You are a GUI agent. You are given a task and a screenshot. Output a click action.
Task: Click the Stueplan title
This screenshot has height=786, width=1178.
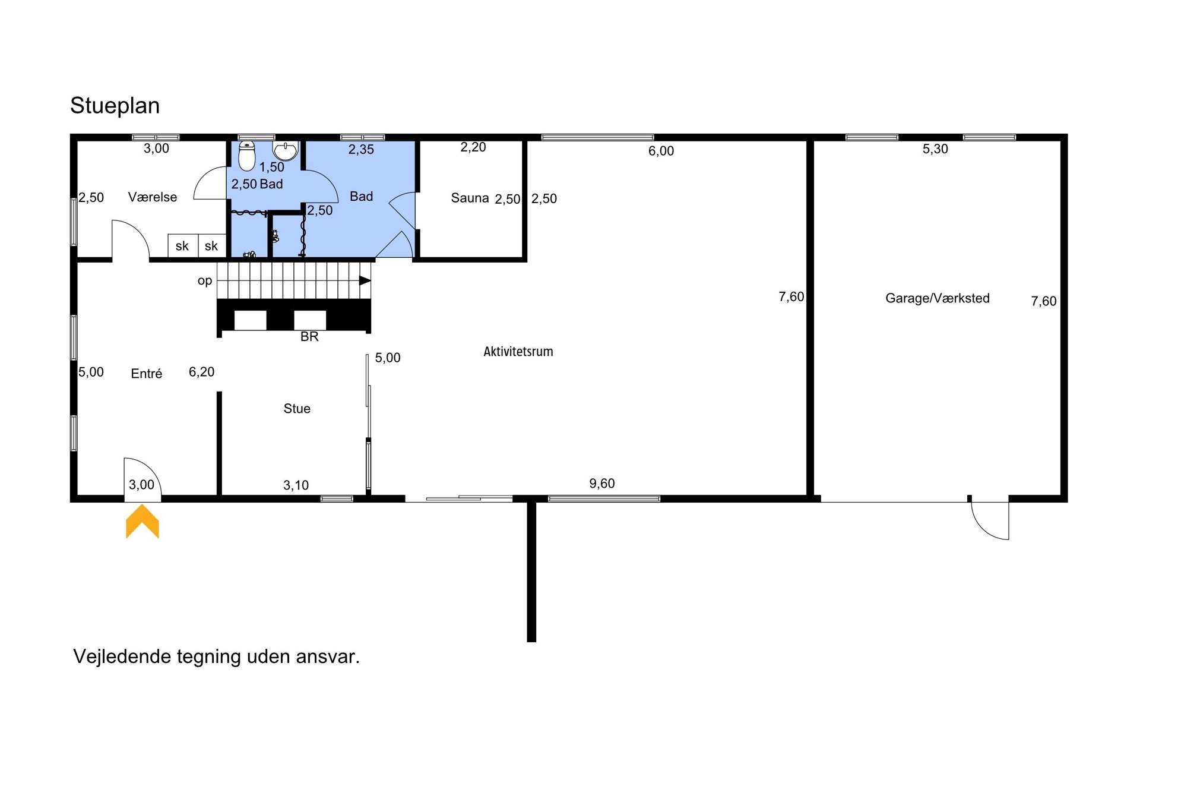(115, 106)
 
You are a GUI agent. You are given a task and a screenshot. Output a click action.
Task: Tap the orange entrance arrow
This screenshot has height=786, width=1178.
(142, 521)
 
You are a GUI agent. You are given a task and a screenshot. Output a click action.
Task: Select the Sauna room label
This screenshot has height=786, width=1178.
(470, 198)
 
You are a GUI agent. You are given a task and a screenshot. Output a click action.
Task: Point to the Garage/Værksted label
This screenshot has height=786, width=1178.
(938, 298)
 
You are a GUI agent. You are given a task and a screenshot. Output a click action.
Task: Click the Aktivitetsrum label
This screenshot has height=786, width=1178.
(518, 352)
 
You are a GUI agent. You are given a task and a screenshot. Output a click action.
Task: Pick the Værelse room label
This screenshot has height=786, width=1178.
(153, 197)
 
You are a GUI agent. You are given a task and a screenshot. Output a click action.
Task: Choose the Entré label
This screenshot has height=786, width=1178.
(147, 374)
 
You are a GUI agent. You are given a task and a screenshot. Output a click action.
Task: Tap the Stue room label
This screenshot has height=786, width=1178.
(297, 409)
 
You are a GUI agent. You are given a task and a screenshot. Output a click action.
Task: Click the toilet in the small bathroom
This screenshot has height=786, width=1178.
(246, 156)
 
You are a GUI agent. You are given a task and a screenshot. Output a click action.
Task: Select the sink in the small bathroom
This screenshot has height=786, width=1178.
(286, 150)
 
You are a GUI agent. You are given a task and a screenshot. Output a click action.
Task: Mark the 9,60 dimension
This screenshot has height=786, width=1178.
(602, 484)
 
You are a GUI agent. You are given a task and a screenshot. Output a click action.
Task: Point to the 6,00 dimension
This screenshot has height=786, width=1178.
(661, 151)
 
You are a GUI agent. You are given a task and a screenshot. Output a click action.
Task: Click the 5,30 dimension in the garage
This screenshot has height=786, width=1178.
(935, 149)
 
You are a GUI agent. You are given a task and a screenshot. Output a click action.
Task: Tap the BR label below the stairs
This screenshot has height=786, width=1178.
(309, 337)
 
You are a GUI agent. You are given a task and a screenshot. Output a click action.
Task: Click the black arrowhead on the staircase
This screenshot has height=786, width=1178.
(365, 280)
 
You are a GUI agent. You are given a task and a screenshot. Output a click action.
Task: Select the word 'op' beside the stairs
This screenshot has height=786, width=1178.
(205, 281)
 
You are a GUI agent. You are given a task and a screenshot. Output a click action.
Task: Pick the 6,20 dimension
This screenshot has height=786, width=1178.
(202, 372)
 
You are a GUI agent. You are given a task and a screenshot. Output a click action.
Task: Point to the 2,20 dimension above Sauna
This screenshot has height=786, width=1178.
(473, 147)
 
